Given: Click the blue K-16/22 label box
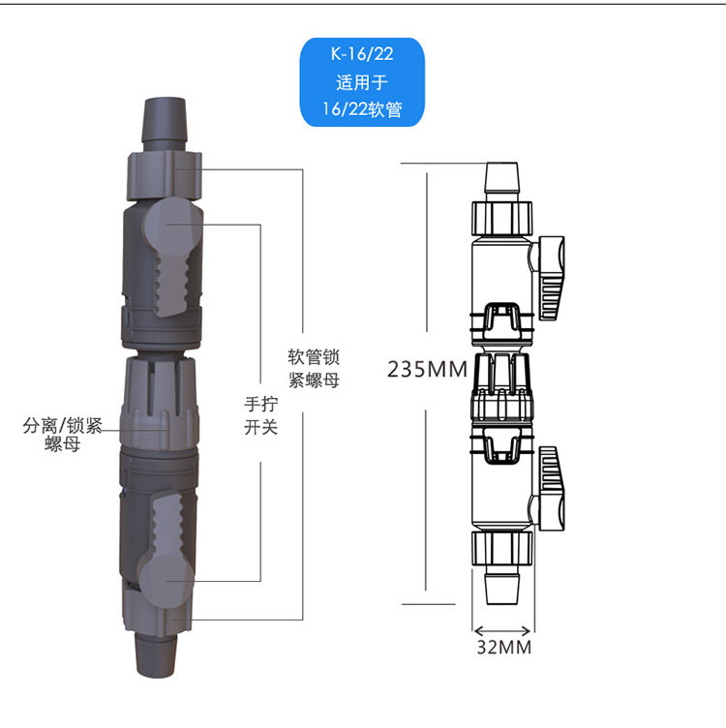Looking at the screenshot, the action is pyautogui.click(x=362, y=82).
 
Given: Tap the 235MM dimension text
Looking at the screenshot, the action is pyautogui.click(x=427, y=370).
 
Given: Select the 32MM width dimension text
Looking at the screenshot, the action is pyautogui.click(x=502, y=647).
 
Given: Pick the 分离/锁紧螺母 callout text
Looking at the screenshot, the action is pyautogui.click(x=63, y=433).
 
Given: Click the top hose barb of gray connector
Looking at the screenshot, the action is pyautogui.click(x=164, y=121).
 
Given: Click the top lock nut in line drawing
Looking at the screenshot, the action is pyautogui.click(x=501, y=218).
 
